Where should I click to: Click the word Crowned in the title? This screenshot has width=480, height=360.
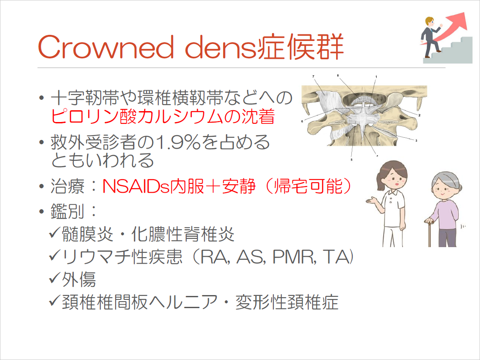tap(106, 47)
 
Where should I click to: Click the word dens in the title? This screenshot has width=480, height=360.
tap(220, 47)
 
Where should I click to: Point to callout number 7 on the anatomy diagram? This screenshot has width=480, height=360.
tap(313, 76)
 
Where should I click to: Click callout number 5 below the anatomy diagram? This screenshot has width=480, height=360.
tap(351, 160)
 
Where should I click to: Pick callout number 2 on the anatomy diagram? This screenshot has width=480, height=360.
tap(419, 115)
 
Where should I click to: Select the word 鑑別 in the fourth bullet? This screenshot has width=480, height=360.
tap(67, 212)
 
